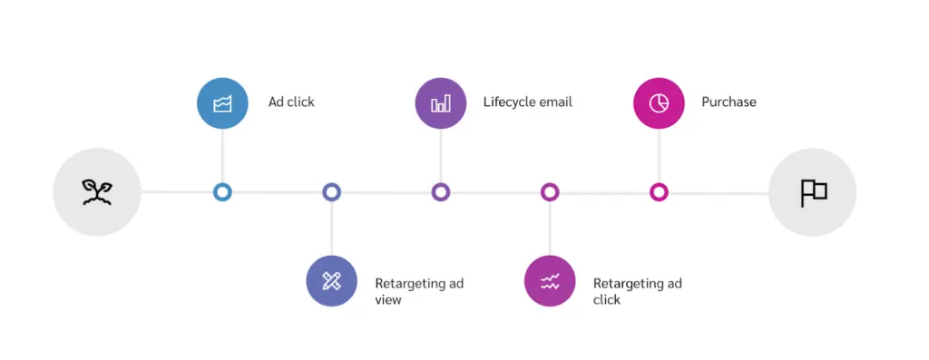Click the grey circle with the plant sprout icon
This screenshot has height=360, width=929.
coord(97,192)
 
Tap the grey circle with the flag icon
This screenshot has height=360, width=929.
coord(813,192)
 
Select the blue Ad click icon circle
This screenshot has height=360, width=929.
coord(222,102)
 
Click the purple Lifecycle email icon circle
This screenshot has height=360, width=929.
coord(440,102)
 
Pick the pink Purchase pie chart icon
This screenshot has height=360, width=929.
coord(659,102)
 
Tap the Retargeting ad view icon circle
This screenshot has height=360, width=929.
coord(331,281)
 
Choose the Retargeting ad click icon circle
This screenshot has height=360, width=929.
coord(550,281)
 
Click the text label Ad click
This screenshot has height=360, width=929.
coord(291,102)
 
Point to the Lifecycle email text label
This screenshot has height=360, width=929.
coord(527,102)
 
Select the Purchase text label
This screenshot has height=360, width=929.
coord(729,102)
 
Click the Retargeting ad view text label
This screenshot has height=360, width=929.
coord(418,291)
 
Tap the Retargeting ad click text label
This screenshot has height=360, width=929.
coord(637,291)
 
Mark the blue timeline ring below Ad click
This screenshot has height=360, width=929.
coord(222,192)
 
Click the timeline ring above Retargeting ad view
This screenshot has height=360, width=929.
coord(331,192)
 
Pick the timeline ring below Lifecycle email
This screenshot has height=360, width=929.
coord(440,192)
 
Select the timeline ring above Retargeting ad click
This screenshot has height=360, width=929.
coord(550,192)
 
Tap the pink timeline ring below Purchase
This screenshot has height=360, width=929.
coord(659,192)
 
